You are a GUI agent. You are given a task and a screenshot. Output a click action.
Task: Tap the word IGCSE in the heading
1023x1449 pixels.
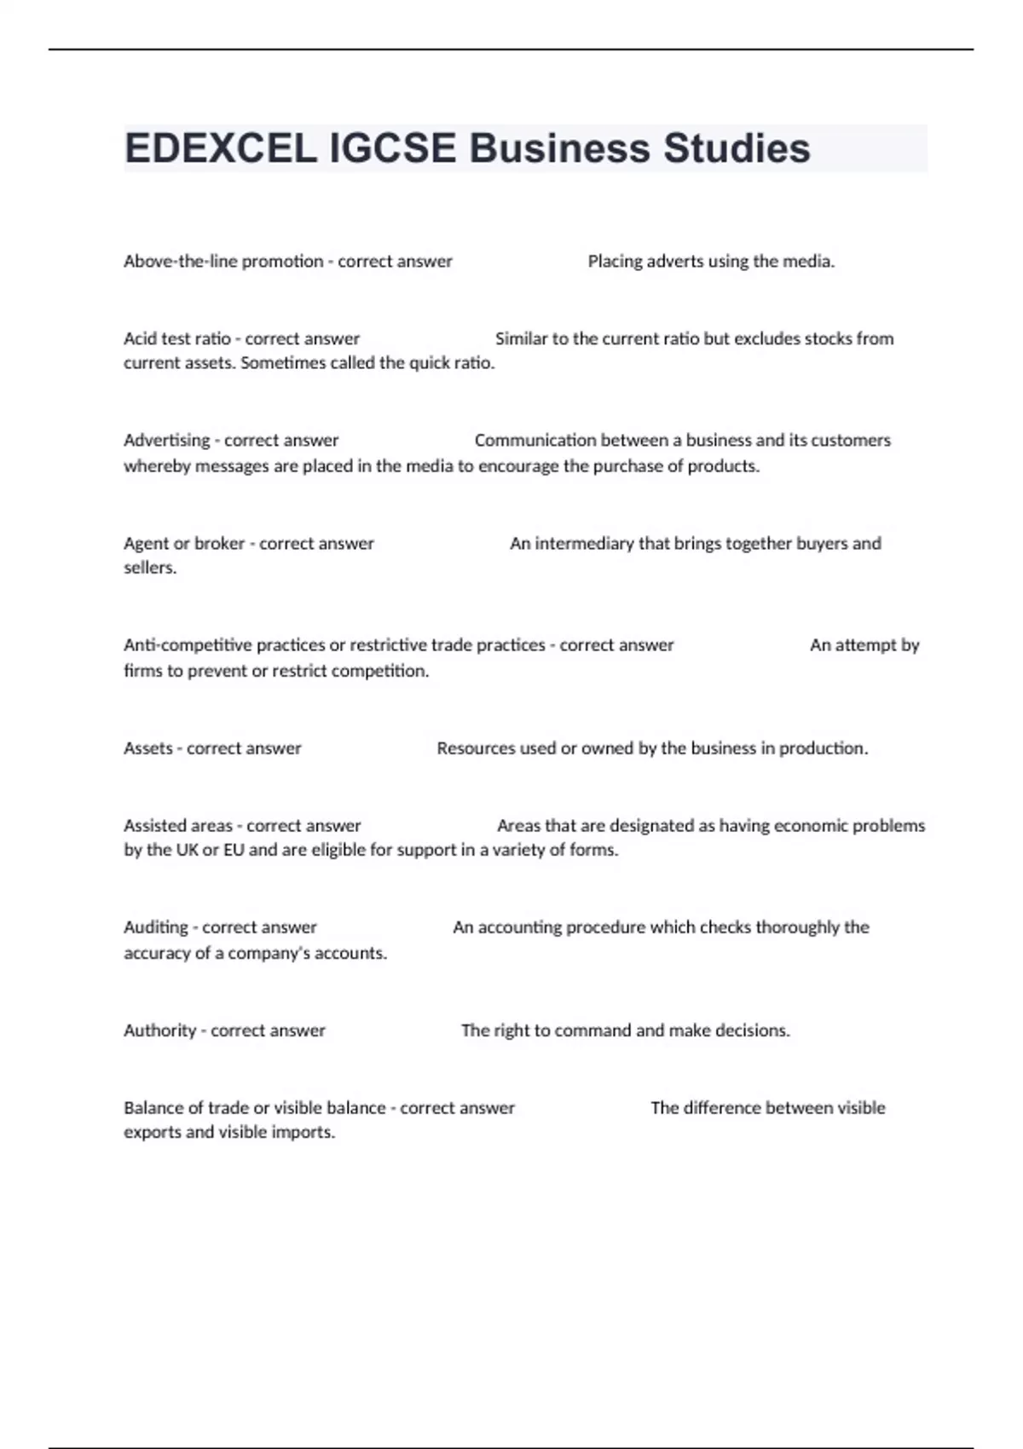click(392, 148)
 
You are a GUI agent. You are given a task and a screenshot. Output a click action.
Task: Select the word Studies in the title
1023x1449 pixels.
click(737, 148)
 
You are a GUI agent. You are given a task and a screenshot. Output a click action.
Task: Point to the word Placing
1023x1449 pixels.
click(615, 262)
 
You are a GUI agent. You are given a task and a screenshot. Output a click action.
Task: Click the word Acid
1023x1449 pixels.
click(138, 338)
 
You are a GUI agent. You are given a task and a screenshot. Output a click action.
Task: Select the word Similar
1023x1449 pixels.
click(521, 338)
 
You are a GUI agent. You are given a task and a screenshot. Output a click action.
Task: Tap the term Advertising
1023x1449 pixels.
click(166, 441)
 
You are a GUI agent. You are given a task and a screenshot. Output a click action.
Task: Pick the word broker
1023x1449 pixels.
click(220, 544)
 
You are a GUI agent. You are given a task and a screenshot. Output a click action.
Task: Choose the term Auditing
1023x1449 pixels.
click(156, 927)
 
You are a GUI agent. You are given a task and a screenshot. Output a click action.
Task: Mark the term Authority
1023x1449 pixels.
click(159, 1030)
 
